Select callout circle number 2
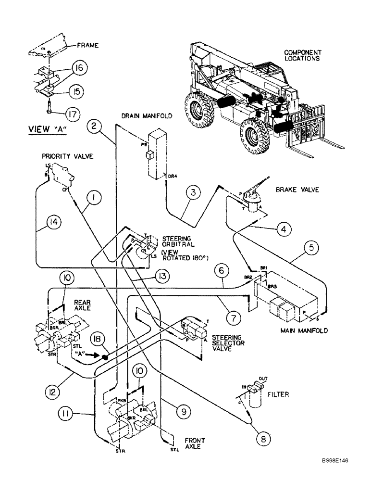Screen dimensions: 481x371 tap(95, 127)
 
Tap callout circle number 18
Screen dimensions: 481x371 tap(97, 340)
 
